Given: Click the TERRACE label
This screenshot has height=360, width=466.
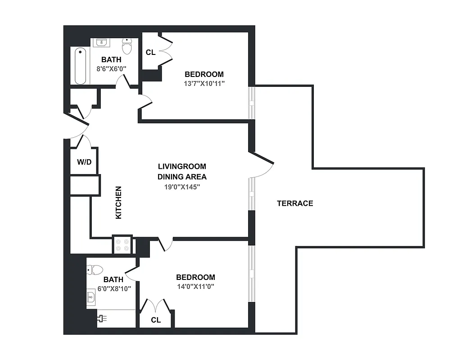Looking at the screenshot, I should (x=295, y=203).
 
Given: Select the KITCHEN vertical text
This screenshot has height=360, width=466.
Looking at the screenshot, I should (x=118, y=203).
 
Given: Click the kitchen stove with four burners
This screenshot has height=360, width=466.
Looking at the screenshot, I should (x=122, y=244).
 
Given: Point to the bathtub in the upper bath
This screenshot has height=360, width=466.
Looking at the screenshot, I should (x=81, y=66).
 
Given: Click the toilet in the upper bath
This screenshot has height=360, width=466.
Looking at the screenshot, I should (x=127, y=45).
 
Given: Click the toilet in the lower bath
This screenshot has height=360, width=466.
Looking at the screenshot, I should (x=95, y=270).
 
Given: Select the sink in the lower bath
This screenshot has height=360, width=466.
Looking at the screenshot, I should (x=91, y=298).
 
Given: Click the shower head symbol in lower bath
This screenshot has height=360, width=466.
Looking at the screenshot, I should (x=102, y=318).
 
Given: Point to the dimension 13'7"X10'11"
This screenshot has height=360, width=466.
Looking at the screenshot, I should (x=204, y=83).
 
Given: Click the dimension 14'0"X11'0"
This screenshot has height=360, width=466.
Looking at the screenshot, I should (x=195, y=286).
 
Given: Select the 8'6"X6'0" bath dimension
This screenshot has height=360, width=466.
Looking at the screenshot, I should (x=111, y=69).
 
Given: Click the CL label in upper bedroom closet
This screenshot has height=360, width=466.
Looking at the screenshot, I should (x=150, y=53).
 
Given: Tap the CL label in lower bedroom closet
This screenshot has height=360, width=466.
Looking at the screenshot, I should (x=156, y=320).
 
